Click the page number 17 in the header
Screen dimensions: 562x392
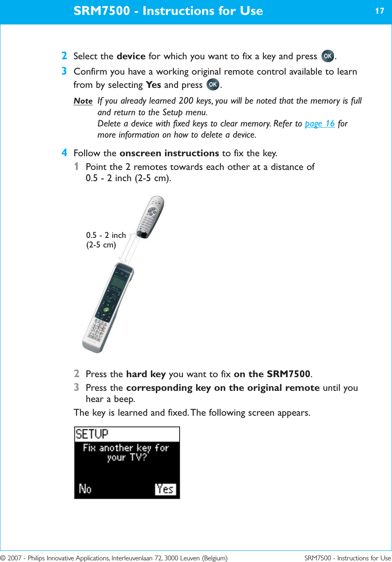coord(380,11)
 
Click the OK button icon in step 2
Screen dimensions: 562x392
coord(328,56)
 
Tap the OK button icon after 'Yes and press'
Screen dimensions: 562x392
coord(213,85)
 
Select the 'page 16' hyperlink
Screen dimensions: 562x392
coord(319,124)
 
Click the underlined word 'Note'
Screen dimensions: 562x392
coord(83,101)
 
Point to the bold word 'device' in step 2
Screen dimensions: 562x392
coord(131,56)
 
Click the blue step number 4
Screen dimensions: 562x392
coord(64,153)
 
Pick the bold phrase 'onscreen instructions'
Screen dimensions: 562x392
coord(169,153)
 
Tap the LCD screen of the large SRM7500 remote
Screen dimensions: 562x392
coord(117,283)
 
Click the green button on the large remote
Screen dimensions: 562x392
coord(106,309)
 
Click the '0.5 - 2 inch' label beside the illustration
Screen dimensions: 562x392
coord(106,235)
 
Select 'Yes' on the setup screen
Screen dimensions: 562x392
coord(165,489)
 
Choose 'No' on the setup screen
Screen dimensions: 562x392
coord(85,489)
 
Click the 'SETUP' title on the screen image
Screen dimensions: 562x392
coord(92,434)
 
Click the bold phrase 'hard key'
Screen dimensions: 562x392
coord(146,374)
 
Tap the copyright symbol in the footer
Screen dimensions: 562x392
coord(3,558)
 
